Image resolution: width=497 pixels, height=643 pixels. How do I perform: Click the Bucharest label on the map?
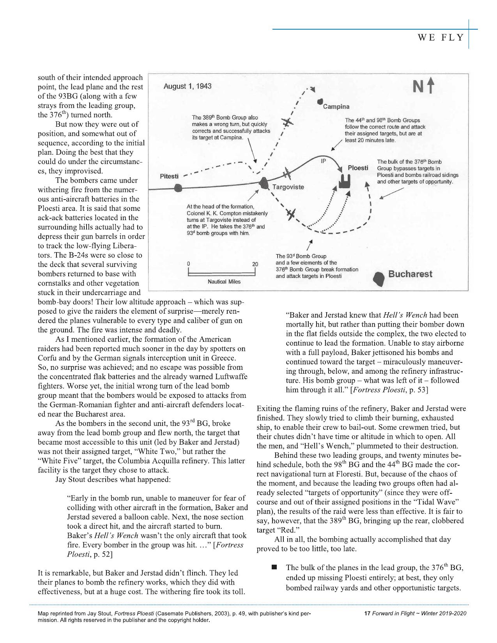tap(410, 274)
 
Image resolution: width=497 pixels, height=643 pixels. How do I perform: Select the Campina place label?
tap(336, 106)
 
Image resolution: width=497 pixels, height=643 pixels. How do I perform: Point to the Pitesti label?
tap(169, 176)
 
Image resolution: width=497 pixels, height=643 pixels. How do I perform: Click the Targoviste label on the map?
tap(288, 187)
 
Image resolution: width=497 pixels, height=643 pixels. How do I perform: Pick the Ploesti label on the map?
tap(358, 168)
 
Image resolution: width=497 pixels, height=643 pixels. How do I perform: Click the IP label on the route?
tap(323, 161)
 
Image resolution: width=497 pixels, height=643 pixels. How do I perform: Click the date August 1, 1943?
tap(187, 86)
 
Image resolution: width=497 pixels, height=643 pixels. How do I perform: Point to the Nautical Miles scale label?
tap(224, 281)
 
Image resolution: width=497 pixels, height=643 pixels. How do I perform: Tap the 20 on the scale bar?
tap(255, 264)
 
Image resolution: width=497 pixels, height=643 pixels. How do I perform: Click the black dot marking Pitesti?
tap(178, 189)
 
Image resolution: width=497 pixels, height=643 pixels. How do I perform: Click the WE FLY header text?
tap(441, 38)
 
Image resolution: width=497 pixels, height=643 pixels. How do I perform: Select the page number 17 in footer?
tap(366, 613)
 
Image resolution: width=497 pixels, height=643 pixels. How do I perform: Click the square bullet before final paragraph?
tap(274, 567)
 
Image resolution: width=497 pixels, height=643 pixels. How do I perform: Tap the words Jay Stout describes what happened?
tap(113, 479)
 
